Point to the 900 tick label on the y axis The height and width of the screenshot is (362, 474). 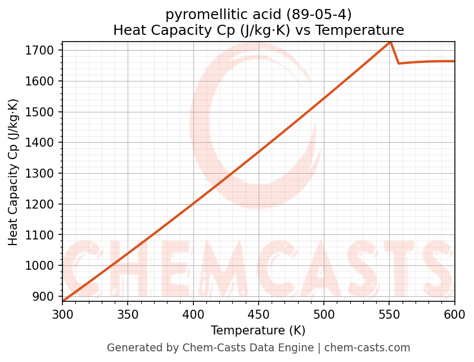(x=45, y=296)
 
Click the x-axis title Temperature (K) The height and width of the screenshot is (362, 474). (x=258, y=331)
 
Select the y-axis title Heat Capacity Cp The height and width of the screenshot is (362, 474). (x=13, y=171)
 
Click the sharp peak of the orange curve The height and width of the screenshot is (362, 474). (x=390, y=42)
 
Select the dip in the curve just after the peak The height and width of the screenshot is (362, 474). (x=398, y=63)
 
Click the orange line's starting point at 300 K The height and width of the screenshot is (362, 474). (x=63, y=301)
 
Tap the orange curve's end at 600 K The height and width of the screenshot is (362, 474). (x=454, y=61)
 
